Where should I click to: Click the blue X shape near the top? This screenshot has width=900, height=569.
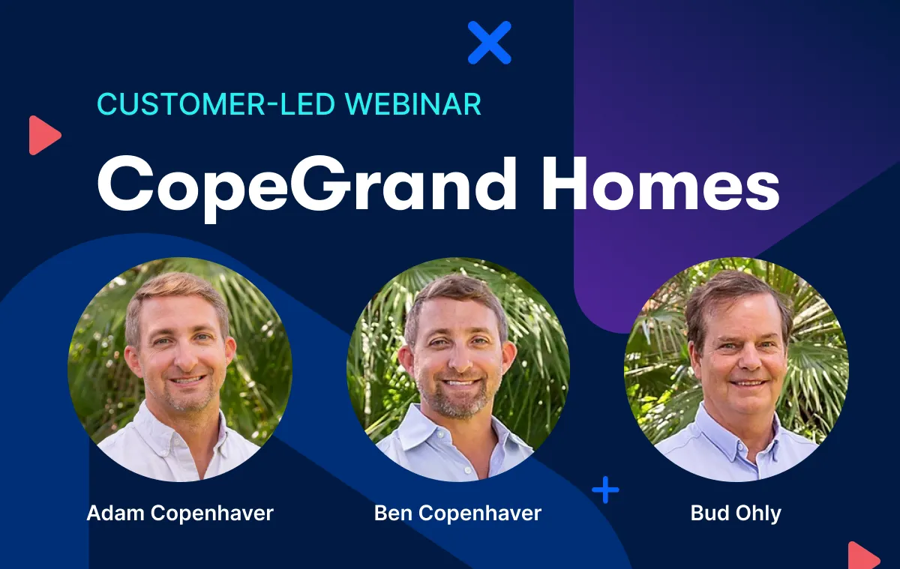pos(489,43)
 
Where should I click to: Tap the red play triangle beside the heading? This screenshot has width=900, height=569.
pos(44,136)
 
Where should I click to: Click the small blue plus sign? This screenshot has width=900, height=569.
pos(605,490)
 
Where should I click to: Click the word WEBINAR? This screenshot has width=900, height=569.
pos(413,104)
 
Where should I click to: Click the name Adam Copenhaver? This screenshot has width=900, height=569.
pos(180,514)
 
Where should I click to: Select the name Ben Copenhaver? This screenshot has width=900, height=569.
pos(457,514)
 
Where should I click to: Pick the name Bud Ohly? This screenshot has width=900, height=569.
pos(736,514)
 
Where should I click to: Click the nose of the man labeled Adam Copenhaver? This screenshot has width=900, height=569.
pos(185,358)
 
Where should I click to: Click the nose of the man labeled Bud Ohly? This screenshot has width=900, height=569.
pos(748,359)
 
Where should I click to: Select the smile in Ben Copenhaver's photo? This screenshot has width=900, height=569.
pos(460,382)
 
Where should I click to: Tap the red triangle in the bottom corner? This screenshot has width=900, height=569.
pos(864,556)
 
